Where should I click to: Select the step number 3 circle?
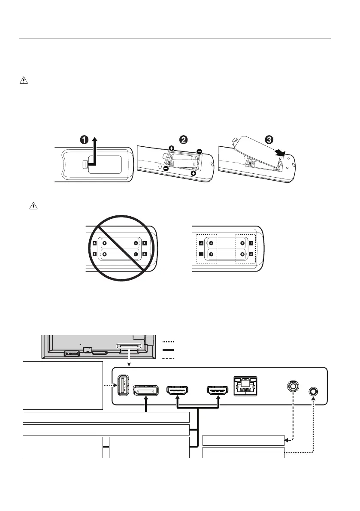point(269,140)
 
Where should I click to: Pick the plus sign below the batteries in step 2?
point(194,174)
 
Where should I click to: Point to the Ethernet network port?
point(245,386)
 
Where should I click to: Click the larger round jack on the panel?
point(293,386)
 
